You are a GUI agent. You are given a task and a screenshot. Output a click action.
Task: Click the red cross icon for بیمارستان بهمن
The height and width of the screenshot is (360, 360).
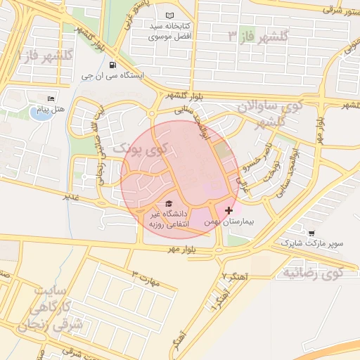tap(229, 210)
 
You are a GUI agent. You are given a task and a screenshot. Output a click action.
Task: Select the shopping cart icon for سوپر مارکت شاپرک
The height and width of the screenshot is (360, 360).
tap(311, 233)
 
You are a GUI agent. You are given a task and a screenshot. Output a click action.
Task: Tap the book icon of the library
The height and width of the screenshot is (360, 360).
tap(168, 15)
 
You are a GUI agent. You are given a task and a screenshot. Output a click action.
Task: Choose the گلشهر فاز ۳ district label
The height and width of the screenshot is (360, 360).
tap(257, 36)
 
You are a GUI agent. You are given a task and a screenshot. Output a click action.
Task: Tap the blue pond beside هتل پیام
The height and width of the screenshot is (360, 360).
tap(41, 113)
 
